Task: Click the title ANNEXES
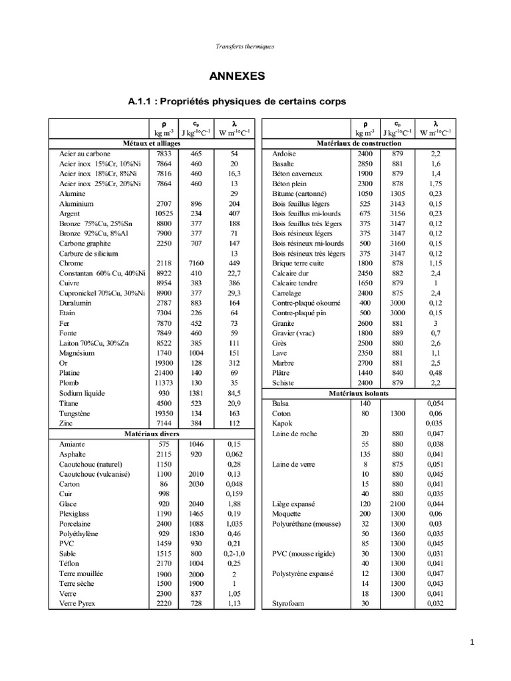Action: point(238,76)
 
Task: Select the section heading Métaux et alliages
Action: point(152,143)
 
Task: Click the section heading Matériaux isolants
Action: point(359,394)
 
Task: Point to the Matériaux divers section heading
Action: point(152,434)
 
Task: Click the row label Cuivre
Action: point(69,283)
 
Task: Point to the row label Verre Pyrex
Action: point(77,603)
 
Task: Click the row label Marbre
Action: point(283,363)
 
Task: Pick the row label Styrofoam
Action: point(288,603)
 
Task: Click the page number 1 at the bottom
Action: point(470,642)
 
